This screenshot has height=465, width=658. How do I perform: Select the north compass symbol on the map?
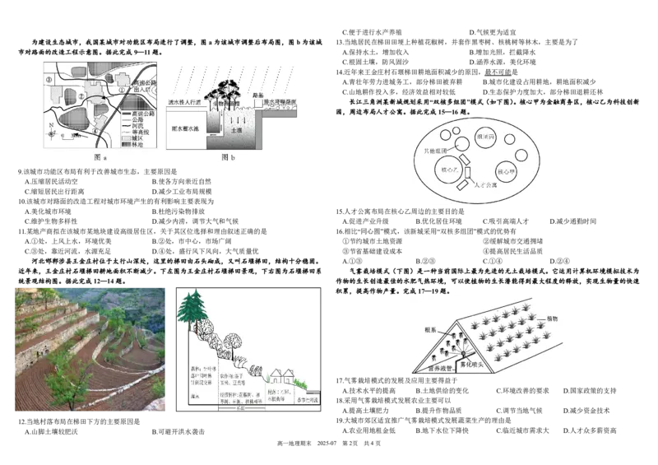coord(52,128)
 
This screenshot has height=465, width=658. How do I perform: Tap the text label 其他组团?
coord(434,152)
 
